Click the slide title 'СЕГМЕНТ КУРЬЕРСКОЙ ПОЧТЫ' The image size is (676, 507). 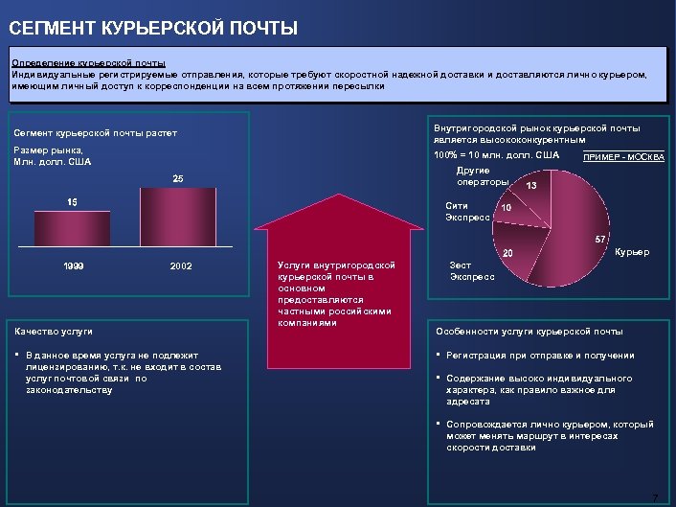pos(154,29)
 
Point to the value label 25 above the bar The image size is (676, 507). pos(177,179)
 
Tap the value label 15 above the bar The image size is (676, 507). pos(72,202)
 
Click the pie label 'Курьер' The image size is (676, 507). pos(632,252)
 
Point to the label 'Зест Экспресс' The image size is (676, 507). pos(472,271)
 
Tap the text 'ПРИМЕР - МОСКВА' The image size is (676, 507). pos(623,158)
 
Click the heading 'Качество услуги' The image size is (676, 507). pos(53,332)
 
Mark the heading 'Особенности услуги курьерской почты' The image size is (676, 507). pos(530,332)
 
